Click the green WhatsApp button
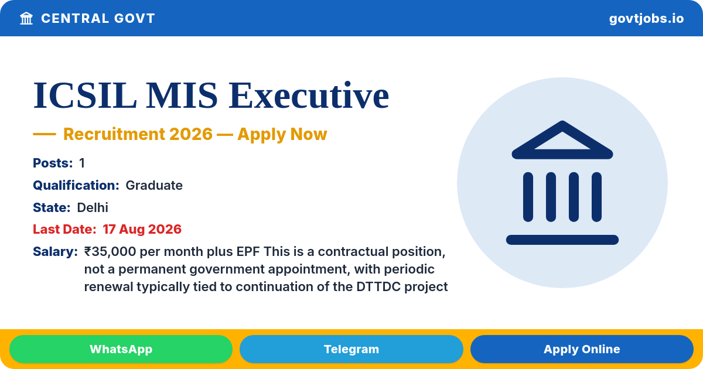pyautogui.click(x=121, y=349)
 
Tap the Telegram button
pyautogui.click(x=351, y=349)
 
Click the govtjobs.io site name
pyautogui.click(x=646, y=19)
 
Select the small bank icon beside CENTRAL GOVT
pyautogui.click(x=26, y=19)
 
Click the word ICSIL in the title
pyautogui.click(x=85, y=95)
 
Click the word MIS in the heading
pyautogui.click(x=182, y=95)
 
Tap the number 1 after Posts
pyautogui.click(x=82, y=163)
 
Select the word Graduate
pyautogui.click(x=154, y=186)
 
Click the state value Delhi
pyautogui.click(x=93, y=208)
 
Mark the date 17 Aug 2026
pyautogui.click(x=142, y=230)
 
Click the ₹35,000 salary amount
pyautogui.click(x=110, y=252)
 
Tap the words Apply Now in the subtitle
pyautogui.click(x=282, y=134)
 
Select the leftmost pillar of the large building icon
pyautogui.click(x=528, y=197)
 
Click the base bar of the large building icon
pyautogui.click(x=562, y=240)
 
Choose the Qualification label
pyautogui.click(x=76, y=186)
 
